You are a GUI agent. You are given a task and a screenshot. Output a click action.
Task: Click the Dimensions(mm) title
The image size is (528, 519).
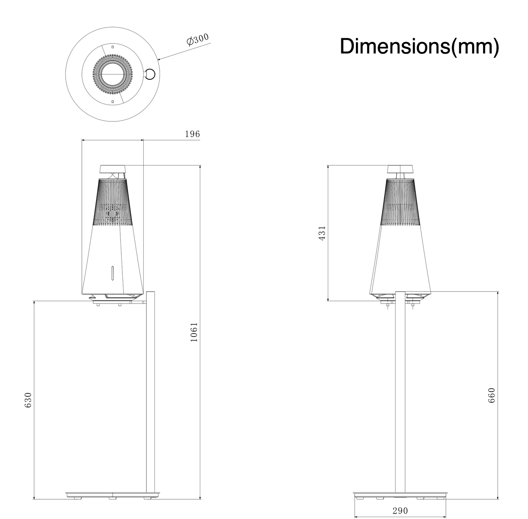(419, 47)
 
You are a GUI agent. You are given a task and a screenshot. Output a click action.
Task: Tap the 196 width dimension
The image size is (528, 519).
(192, 134)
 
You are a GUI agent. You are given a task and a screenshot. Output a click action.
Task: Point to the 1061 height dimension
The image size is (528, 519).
(194, 332)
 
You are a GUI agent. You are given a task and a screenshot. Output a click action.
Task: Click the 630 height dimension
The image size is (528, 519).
(28, 400)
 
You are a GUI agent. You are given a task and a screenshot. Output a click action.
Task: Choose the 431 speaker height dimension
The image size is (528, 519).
(322, 233)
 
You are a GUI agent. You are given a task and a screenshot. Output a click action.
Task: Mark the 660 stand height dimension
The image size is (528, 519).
(491, 395)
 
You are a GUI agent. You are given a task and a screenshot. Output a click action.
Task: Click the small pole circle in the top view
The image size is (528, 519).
(150, 74)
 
